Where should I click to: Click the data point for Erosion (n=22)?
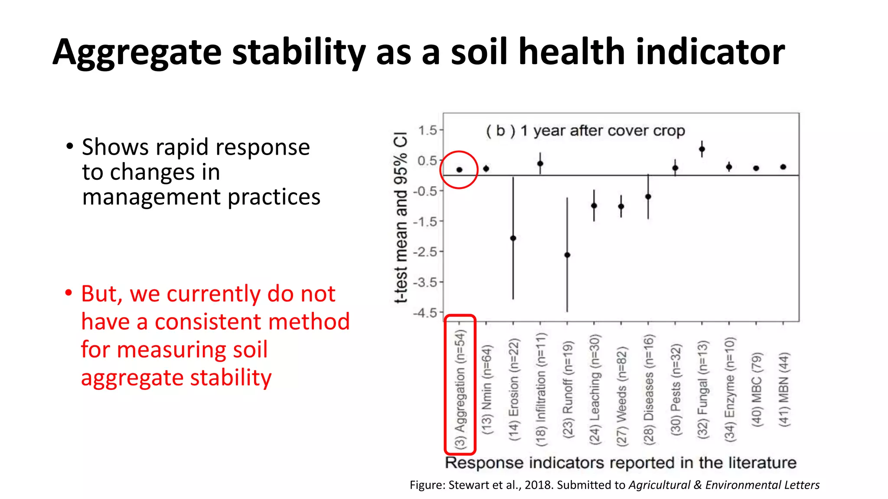coord(513,238)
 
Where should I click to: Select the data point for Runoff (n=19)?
coord(567,255)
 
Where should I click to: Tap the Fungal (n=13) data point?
coord(702,149)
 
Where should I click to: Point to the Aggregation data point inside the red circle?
coord(459,170)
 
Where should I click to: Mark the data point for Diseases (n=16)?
coord(648,197)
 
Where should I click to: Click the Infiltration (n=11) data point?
coord(540,164)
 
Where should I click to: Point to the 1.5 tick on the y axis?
coord(428,130)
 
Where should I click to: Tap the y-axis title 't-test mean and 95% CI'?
coord(402,217)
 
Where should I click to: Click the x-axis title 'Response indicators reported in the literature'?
coord(620,463)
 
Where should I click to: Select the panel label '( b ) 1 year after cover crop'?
coord(585,130)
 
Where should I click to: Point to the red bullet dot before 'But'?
coord(69,293)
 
